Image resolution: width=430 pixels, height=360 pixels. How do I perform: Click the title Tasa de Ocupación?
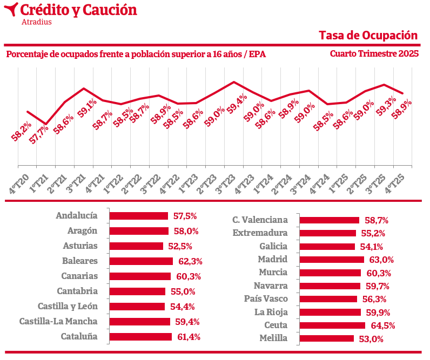tap(368, 35)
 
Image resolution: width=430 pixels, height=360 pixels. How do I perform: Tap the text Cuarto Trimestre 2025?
tap(374, 54)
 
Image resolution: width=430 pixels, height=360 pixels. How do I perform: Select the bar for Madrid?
tap(332, 260)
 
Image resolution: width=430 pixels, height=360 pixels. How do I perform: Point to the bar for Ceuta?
tap(332, 325)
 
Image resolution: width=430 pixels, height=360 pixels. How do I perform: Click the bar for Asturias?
tap(136, 246)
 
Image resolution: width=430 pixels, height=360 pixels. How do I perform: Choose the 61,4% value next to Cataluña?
tap(187, 337)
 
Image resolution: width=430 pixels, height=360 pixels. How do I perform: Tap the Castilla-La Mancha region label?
tap(58, 322)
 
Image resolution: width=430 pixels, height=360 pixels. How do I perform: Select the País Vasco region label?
tap(266, 299)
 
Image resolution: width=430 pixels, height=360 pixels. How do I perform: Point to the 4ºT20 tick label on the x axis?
tap(19, 182)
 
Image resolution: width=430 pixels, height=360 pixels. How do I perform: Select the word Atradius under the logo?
tap(36, 22)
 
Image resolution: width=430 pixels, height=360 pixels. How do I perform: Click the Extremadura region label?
tap(260, 233)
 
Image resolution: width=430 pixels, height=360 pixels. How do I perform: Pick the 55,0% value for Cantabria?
tap(184, 291)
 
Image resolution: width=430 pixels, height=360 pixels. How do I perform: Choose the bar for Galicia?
tap(327, 247)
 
